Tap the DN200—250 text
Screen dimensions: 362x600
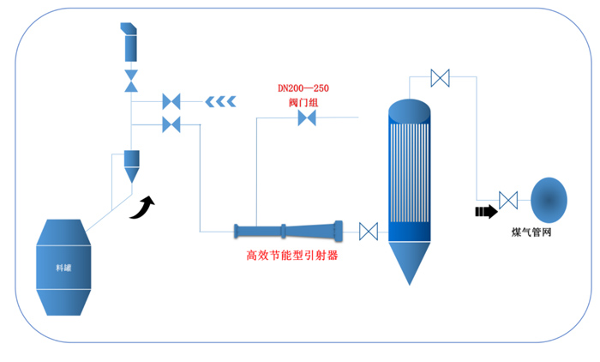coord(303,88)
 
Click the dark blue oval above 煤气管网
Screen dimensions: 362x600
coord(549,200)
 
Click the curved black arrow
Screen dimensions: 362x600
coord(144,207)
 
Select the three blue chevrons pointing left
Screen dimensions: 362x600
coord(221,102)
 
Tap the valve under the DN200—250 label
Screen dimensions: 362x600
coord(307,119)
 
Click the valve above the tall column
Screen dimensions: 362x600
coord(441,78)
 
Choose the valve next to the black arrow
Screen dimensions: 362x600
coord(508,202)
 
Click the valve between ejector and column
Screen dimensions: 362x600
coord(369,231)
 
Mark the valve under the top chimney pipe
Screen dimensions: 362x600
coord(131,81)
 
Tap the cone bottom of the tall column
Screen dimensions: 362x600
coord(411,262)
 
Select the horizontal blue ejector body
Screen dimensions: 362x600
coord(287,230)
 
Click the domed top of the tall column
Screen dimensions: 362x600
coord(411,108)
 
